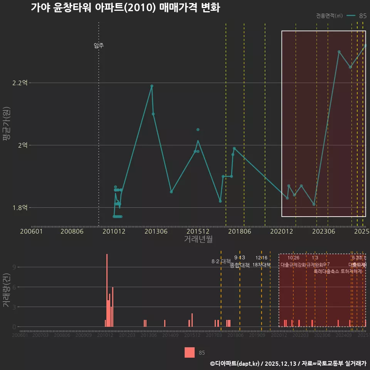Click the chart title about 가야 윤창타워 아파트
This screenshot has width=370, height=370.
pyautogui.click(x=125, y=8)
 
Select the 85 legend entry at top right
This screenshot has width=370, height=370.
pyautogui.click(x=357, y=16)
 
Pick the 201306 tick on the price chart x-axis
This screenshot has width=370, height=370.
pyautogui.click(x=156, y=231)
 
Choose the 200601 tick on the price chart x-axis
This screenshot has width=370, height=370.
pyautogui.click(x=31, y=231)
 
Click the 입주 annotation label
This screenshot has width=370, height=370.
pyautogui.click(x=99, y=45)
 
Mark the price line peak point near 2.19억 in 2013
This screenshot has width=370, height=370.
pyautogui.click(x=152, y=86)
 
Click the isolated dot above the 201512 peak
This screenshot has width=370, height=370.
pyautogui.click(x=198, y=129)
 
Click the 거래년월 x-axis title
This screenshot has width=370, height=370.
pyautogui.click(x=198, y=239)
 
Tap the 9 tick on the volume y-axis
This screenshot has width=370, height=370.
pyautogui.click(x=14, y=267)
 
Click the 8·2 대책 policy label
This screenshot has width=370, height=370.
pyautogui.click(x=221, y=261)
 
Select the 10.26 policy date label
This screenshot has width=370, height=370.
pyautogui.click(x=293, y=258)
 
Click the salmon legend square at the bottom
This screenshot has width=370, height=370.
pyautogui.click(x=190, y=352)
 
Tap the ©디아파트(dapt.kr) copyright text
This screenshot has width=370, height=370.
pyautogui.click(x=235, y=363)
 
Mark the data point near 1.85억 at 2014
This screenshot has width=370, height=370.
pyautogui.click(x=171, y=192)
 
